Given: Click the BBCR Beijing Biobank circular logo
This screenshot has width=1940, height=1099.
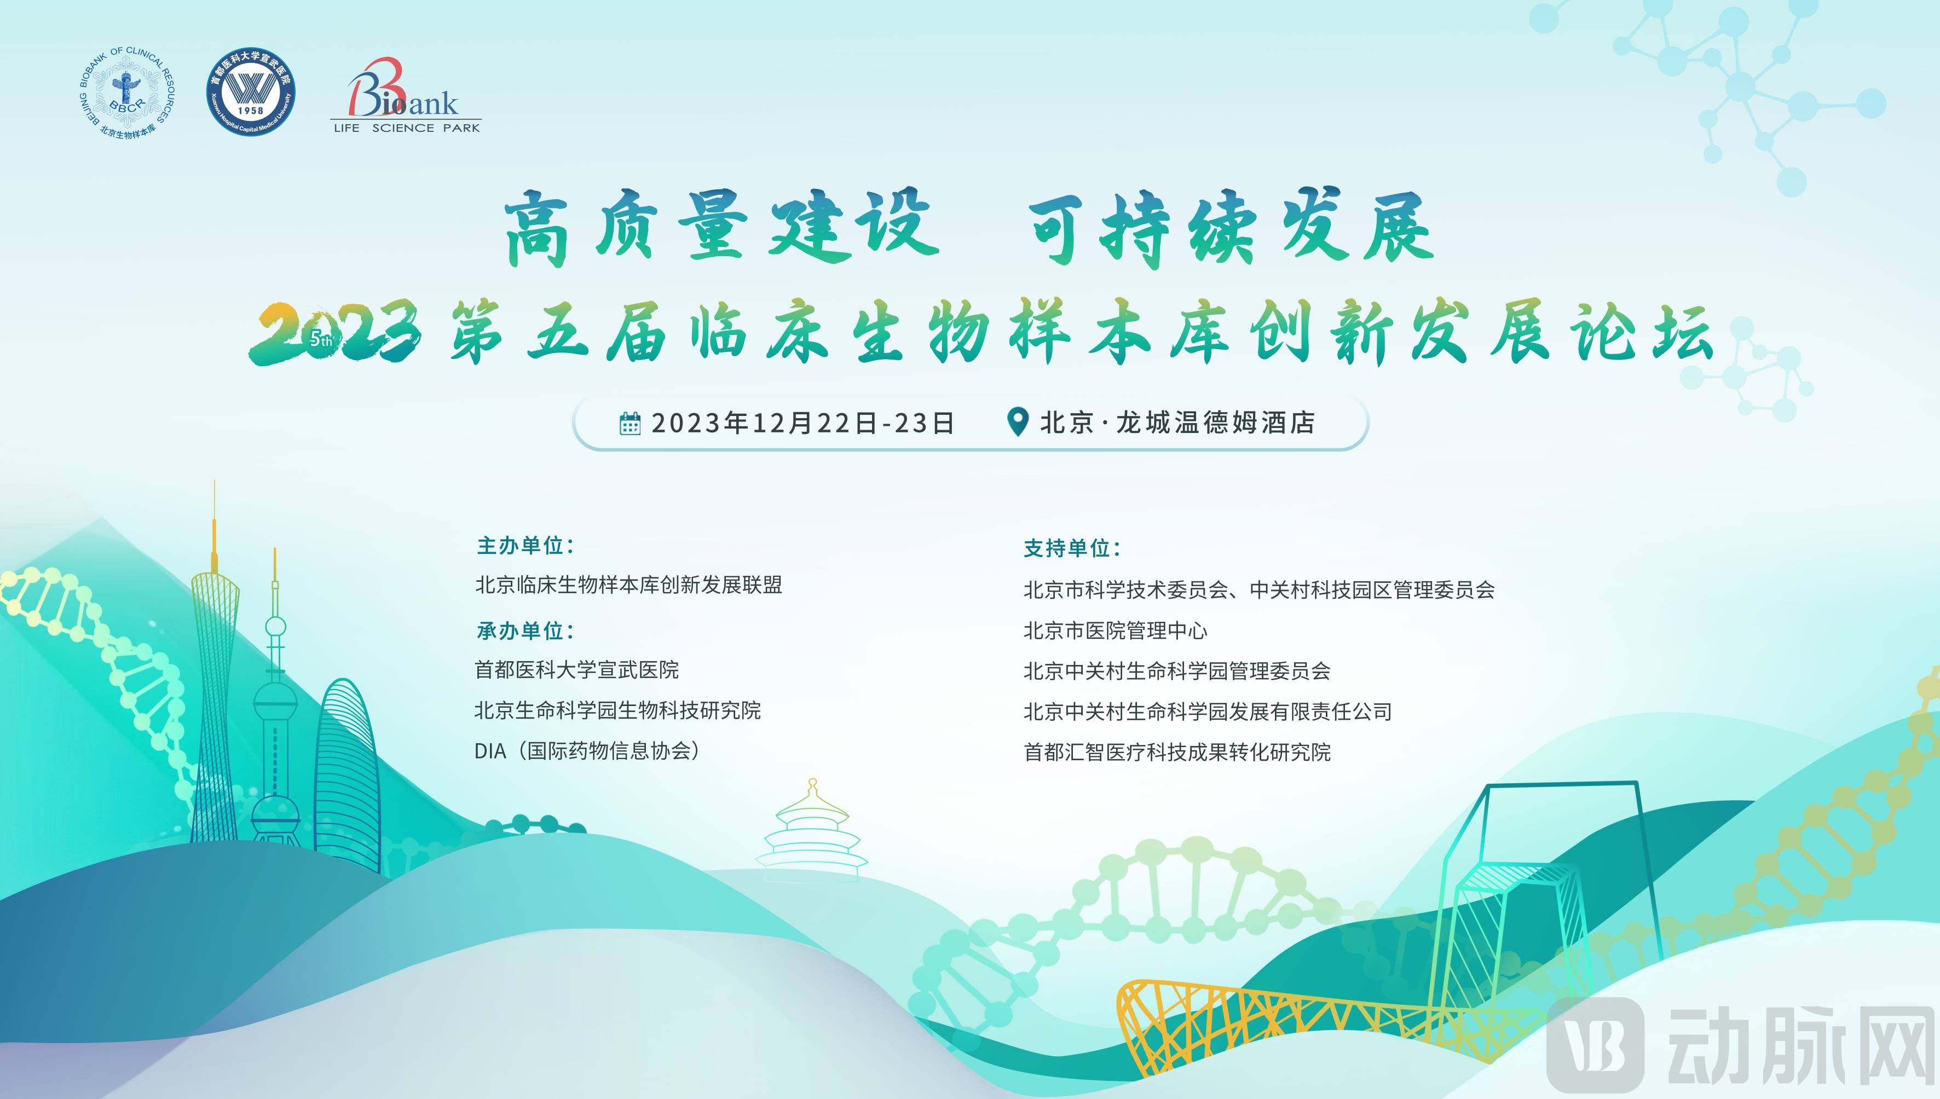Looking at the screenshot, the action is point(127,93).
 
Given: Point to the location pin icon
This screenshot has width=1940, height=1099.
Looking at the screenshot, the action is point(1018,421).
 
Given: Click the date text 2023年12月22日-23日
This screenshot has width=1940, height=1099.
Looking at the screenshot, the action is point(803,423).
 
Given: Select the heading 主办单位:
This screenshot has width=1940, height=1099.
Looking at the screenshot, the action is point(526,545).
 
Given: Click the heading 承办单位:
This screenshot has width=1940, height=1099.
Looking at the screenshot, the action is point(526,631).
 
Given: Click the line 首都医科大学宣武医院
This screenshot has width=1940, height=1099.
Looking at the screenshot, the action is point(577,669).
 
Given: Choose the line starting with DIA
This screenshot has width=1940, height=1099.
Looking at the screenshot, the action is point(587,751).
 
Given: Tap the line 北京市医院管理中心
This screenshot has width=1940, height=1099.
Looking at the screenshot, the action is point(1115,631).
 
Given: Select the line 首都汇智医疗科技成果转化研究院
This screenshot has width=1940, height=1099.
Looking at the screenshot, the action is point(1177,753).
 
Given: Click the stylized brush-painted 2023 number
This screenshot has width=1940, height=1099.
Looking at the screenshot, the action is point(335,332).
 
